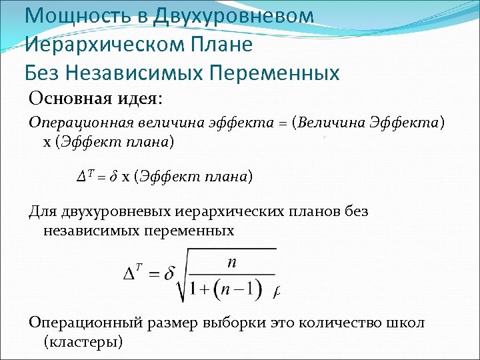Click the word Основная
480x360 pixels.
click(69, 99)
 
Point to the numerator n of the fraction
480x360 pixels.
click(231, 263)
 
